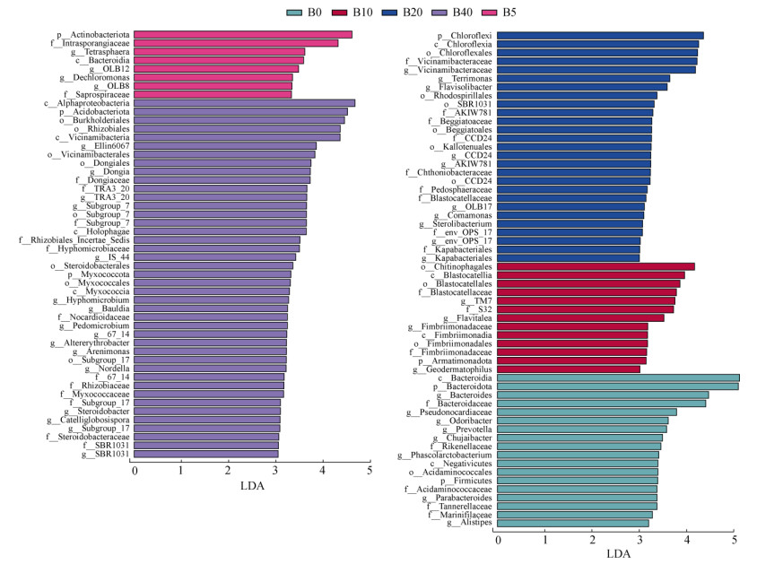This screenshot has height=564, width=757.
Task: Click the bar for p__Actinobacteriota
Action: pyautogui.click(x=243, y=35)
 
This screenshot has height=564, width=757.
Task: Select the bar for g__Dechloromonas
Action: pyautogui.click(x=213, y=77)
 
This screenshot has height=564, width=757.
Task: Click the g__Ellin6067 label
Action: pyautogui.click(x=105, y=146)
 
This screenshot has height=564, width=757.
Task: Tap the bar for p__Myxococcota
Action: pyautogui.click(x=213, y=274)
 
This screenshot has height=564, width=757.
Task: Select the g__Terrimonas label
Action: pyautogui.click(x=465, y=78)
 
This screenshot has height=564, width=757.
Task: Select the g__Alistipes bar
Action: pyautogui.click(x=572, y=523)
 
